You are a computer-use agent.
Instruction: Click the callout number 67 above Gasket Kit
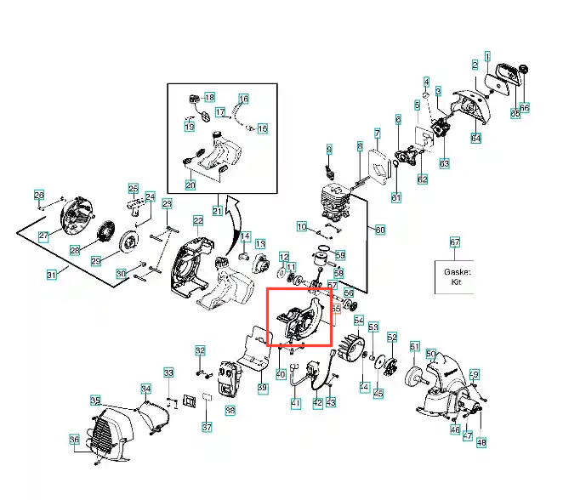pos(454,242)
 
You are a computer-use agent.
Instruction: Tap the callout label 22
pos(198,221)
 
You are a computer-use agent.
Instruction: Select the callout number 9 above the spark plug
pos(328,150)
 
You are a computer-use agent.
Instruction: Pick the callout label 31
pos(51,274)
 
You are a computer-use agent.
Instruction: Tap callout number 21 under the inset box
pos(217,210)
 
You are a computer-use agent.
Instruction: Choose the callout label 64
pos(476,138)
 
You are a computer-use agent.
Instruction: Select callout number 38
pos(230,411)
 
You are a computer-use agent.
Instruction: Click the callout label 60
pos(380,230)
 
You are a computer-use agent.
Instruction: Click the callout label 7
pos(377,134)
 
